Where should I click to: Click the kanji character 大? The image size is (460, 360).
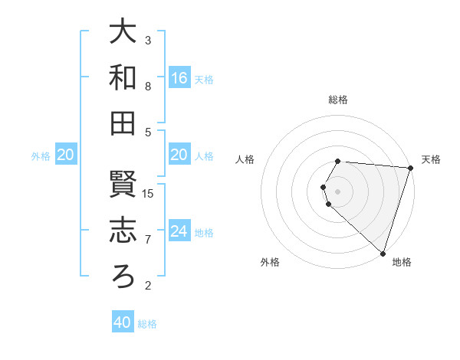tap(123, 31)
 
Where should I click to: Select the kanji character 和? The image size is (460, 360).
tap(123, 77)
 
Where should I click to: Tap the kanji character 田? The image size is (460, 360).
tap(123, 123)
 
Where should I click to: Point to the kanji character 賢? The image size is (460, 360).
tap(123, 185)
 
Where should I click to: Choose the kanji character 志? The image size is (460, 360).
tap(123, 231)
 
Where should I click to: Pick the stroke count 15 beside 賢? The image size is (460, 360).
tap(149, 193)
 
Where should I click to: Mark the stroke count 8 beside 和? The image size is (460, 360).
tap(148, 86)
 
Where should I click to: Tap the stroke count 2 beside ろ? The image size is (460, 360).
tap(148, 286)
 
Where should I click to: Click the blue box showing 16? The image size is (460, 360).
tap(179, 78)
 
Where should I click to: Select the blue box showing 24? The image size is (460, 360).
tap(179, 231)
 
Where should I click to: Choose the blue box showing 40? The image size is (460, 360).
tap(123, 323)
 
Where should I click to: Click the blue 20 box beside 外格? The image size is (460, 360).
tap(66, 155)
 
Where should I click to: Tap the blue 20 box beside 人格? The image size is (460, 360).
tap(179, 155)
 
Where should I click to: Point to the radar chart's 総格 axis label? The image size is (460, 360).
tap(338, 100)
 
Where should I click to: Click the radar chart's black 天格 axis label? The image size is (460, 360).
tap(431, 159)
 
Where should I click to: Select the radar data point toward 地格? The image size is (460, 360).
tap(383, 253)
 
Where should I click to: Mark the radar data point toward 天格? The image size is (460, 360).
tap(410, 168)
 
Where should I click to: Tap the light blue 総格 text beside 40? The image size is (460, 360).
tap(147, 324)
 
